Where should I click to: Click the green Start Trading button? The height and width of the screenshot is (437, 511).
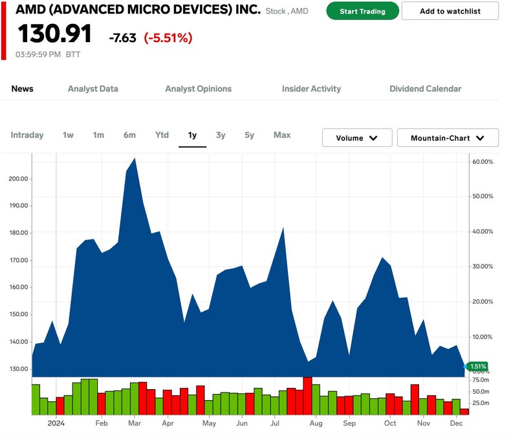click(362, 11)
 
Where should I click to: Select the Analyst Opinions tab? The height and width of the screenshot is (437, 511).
click(198, 89)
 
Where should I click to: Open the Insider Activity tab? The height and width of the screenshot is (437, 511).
click(311, 89)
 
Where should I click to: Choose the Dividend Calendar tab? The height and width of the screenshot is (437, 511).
click(425, 89)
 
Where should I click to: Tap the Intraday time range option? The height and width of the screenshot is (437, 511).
click(27, 135)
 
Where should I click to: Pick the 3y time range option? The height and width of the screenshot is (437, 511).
click(221, 135)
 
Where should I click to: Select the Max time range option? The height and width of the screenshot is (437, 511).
click(282, 135)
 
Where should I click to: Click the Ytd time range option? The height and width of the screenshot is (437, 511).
click(162, 135)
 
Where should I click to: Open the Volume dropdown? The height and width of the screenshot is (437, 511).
click(357, 138)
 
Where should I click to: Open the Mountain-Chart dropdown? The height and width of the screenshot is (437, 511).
click(447, 138)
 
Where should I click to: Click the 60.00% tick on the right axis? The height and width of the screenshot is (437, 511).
click(483, 161)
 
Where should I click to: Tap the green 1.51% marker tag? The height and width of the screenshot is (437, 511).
click(477, 366)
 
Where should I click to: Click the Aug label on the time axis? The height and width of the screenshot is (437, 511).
click(316, 423)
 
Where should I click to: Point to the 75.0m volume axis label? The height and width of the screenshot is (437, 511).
click(481, 381)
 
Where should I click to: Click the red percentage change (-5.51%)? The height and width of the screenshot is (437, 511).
click(168, 38)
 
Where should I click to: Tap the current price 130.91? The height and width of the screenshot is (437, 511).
click(54, 35)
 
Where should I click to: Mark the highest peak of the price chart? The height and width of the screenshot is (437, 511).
click(134, 158)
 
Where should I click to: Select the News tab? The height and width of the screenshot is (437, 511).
click(23, 89)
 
